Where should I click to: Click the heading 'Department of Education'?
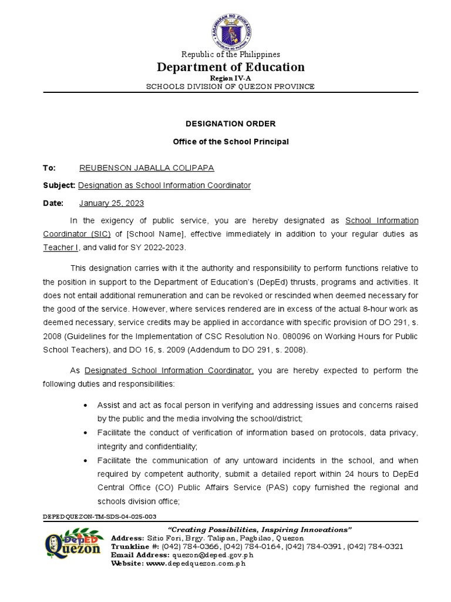click(230, 67)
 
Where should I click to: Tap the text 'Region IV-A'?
click(230, 78)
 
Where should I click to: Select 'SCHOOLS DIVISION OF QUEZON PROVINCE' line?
click(230, 86)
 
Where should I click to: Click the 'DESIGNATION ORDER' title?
click(230, 124)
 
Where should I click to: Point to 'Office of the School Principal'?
click(230, 142)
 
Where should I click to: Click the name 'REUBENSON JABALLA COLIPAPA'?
click(146, 168)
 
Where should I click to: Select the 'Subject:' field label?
click(59, 186)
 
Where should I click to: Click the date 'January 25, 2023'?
click(111, 203)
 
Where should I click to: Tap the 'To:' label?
click(49, 168)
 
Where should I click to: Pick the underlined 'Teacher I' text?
click(60, 248)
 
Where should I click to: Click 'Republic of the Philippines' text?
click(230, 55)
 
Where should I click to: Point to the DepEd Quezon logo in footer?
click(73, 546)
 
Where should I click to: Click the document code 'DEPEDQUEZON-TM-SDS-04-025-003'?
click(100, 516)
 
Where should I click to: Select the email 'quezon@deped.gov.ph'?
click(212, 555)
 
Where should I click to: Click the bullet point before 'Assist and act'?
click(86, 406)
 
